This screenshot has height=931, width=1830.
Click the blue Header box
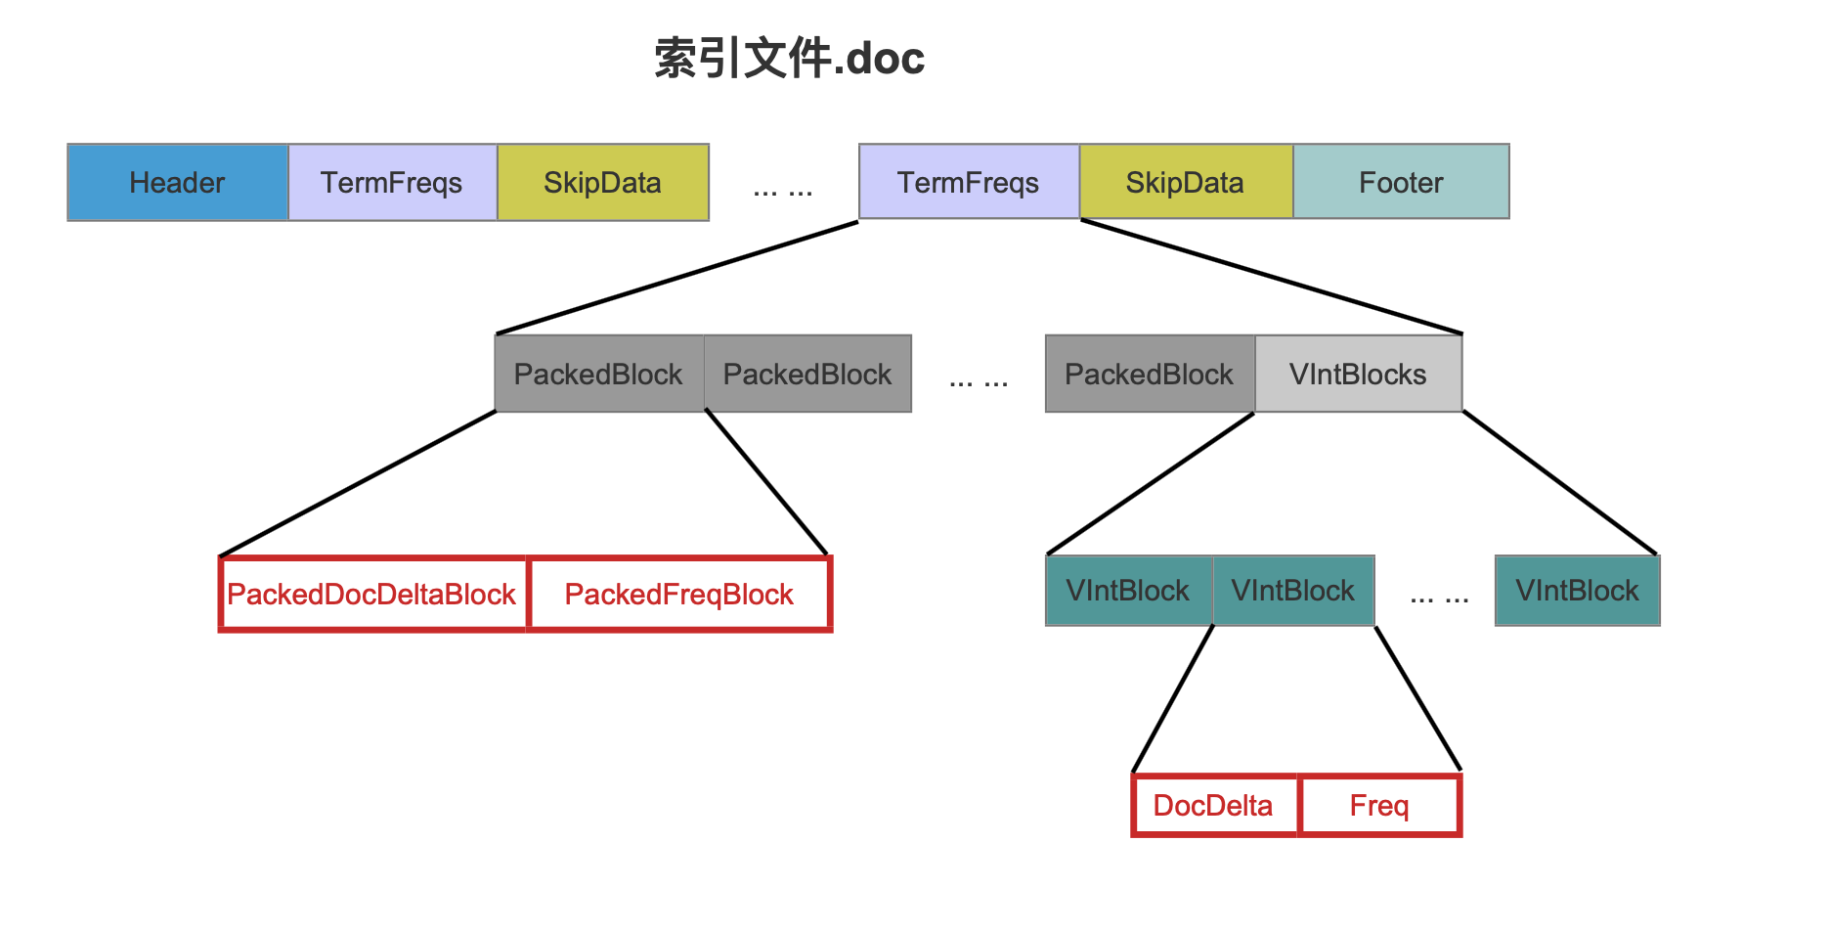click(x=178, y=183)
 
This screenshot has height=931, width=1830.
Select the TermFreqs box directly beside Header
click(x=393, y=183)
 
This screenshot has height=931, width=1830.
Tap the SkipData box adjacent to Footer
click(x=1186, y=182)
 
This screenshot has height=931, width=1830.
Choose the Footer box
click(x=1401, y=182)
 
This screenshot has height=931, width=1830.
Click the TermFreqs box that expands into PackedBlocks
click(x=969, y=182)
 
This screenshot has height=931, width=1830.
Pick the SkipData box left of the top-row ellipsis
click(x=603, y=183)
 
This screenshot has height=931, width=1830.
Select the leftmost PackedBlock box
click(x=599, y=374)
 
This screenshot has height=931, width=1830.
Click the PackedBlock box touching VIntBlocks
click(x=1150, y=374)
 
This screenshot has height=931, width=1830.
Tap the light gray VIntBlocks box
click(x=1359, y=374)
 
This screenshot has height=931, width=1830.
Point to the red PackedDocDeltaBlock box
click(x=373, y=595)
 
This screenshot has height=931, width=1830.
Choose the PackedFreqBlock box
click(x=679, y=595)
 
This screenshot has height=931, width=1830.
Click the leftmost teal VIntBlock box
click(x=1129, y=591)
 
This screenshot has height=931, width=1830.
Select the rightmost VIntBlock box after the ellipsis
click(x=1578, y=591)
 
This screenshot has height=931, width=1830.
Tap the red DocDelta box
click(x=1214, y=806)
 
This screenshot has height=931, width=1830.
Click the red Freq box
click(x=1379, y=806)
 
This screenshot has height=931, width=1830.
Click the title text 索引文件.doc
click(x=789, y=59)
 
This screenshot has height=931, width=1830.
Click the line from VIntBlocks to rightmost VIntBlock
click(x=1560, y=483)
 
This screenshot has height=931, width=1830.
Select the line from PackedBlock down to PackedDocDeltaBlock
click(x=358, y=484)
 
